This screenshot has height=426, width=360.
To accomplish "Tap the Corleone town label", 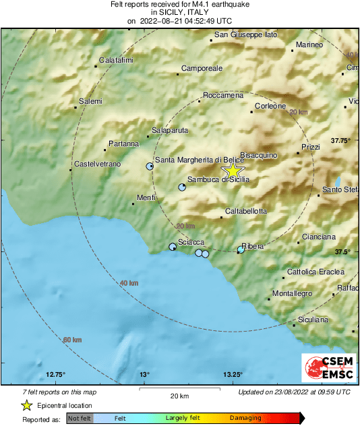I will [x=271, y=106].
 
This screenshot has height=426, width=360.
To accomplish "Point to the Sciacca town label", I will [x=191, y=242].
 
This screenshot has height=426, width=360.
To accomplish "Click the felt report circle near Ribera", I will [x=241, y=250].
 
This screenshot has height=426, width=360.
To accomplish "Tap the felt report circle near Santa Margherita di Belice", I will [x=150, y=166].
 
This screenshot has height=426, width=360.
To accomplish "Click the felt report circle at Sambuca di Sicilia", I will [x=182, y=187].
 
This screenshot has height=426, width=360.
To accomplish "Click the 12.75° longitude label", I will [x=55, y=374].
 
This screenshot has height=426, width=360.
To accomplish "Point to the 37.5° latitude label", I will [x=343, y=251].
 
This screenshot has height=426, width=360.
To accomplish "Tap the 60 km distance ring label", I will [x=72, y=339].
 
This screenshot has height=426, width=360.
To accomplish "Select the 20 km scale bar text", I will [x=179, y=395].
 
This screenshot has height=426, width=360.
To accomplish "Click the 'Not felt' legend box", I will [x=79, y=419].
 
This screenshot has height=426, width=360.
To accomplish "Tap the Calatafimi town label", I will [x=116, y=61].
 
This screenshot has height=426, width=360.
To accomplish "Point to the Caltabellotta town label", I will [x=245, y=211].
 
